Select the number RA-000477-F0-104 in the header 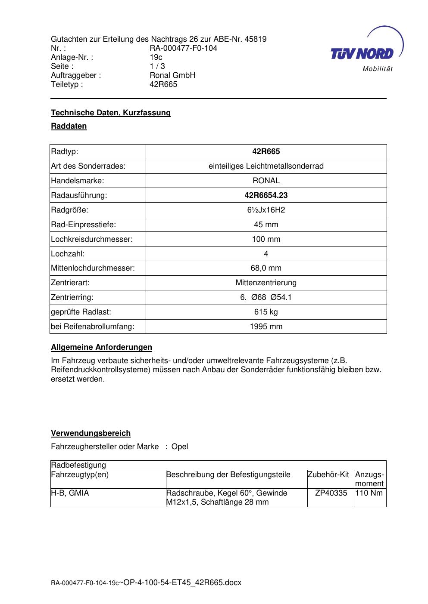point(183,48)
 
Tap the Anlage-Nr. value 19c point(156,57)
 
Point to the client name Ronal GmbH point(172,75)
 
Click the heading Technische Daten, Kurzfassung point(111,113)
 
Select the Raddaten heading point(69,126)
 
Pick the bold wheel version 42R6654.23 point(266,195)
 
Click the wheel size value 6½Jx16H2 point(266,210)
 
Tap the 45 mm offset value point(266,225)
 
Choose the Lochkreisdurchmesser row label point(92,239)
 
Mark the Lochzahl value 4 point(266,254)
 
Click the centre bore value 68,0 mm point(266,268)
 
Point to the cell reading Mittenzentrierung point(266,283)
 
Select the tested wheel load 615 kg point(266,312)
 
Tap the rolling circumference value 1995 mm point(266,327)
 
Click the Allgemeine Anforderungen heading point(101,347)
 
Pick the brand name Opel point(180,447)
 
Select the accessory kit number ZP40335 point(331,493)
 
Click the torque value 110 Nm point(370,493)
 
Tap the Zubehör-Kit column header point(328,475)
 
